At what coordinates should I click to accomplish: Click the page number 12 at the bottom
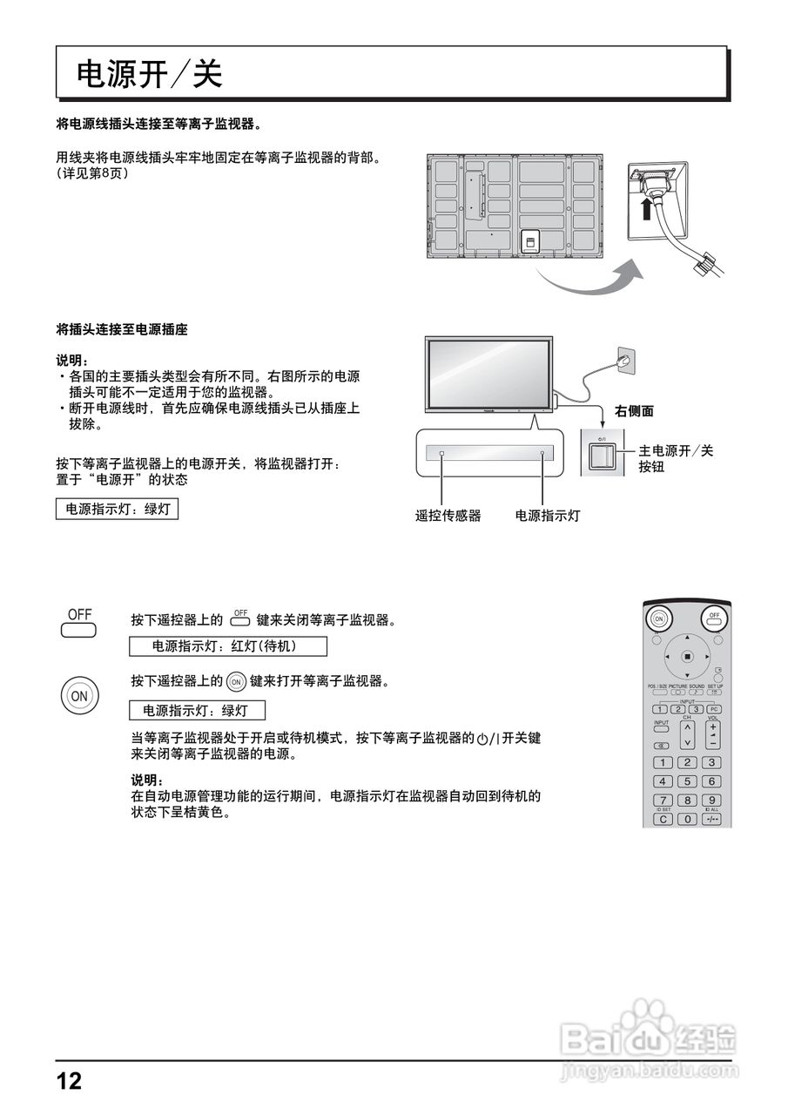pyautogui.click(x=69, y=1081)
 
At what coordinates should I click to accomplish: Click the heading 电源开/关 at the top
pyautogui.click(x=150, y=75)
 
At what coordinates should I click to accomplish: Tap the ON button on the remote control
pyautogui.click(x=659, y=618)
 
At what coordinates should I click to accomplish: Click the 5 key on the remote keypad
pyautogui.click(x=687, y=781)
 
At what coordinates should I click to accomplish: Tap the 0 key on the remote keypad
pyautogui.click(x=687, y=819)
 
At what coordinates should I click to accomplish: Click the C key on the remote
pyautogui.click(x=663, y=819)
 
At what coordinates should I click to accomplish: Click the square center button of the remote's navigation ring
pyautogui.click(x=687, y=656)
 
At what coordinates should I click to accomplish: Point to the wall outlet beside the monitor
pyautogui.click(x=622, y=358)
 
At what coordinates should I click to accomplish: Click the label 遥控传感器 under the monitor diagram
pyautogui.click(x=448, y=516)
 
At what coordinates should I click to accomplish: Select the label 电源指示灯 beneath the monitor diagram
pyautogui.click(x=548, y=516)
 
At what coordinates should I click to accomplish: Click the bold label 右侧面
pyautogui.click(x=634, y=411)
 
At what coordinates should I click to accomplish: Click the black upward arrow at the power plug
pyautogui.click(x=644, y=210)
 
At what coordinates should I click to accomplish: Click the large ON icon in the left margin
pyautogui.click(x=78, y=695)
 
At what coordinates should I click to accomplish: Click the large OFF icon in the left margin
pyautogui.click(x=79, y=622)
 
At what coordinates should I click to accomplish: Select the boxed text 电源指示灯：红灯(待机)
pyautogui.click(x=227, y=646)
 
